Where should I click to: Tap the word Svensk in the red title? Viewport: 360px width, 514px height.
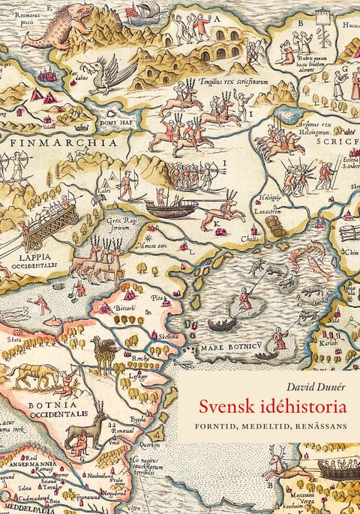point(226,408)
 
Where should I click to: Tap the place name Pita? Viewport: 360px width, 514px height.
point(156,298)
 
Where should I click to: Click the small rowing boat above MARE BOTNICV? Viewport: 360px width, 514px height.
point(221,326)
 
